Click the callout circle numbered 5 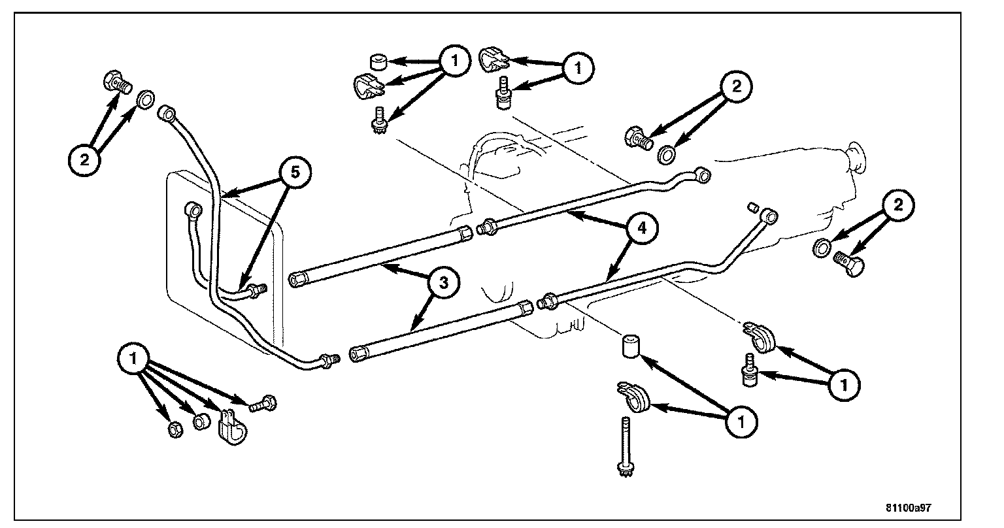click(295, 173)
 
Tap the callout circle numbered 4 click(641, 230)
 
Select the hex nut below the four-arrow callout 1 click(175, 430)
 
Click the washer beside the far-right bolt click(822, 247)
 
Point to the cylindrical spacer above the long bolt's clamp click(629, 346)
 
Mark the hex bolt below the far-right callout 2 click(850, 265)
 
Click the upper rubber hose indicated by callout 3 click(379, 256)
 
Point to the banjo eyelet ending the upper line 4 click(703, 174)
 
